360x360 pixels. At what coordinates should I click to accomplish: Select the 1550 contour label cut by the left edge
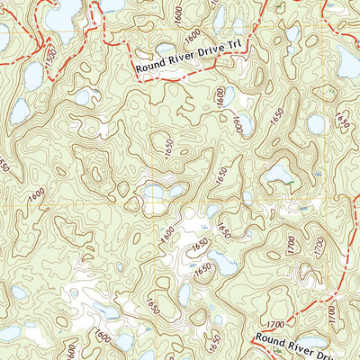tap(4, 165)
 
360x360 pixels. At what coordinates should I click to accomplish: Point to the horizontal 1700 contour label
tap(280, 321)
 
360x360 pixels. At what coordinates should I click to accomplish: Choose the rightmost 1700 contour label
tap(331, 315)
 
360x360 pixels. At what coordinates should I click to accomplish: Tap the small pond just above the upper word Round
tap(166, 49)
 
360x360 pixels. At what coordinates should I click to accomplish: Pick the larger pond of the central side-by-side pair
tap(154, 192)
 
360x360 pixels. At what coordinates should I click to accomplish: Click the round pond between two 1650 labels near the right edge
tap(315, 123)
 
